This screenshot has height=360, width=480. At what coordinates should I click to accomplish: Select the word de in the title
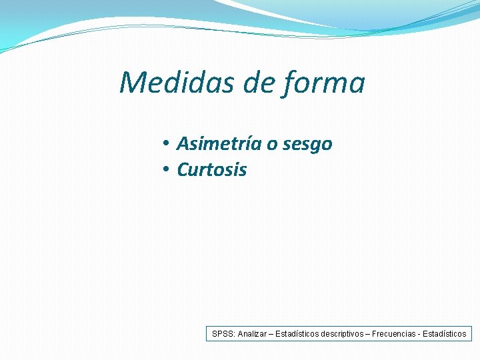tap(261, 83)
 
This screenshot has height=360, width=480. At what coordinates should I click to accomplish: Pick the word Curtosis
tap(211, 170)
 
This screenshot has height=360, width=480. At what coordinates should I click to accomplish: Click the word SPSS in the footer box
tap(223, 333)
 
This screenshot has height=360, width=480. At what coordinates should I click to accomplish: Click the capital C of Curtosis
tap(183, 170)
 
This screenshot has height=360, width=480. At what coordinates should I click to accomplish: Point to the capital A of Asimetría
tap(183, 144)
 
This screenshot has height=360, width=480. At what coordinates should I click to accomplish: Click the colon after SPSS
tap(234, 334)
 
